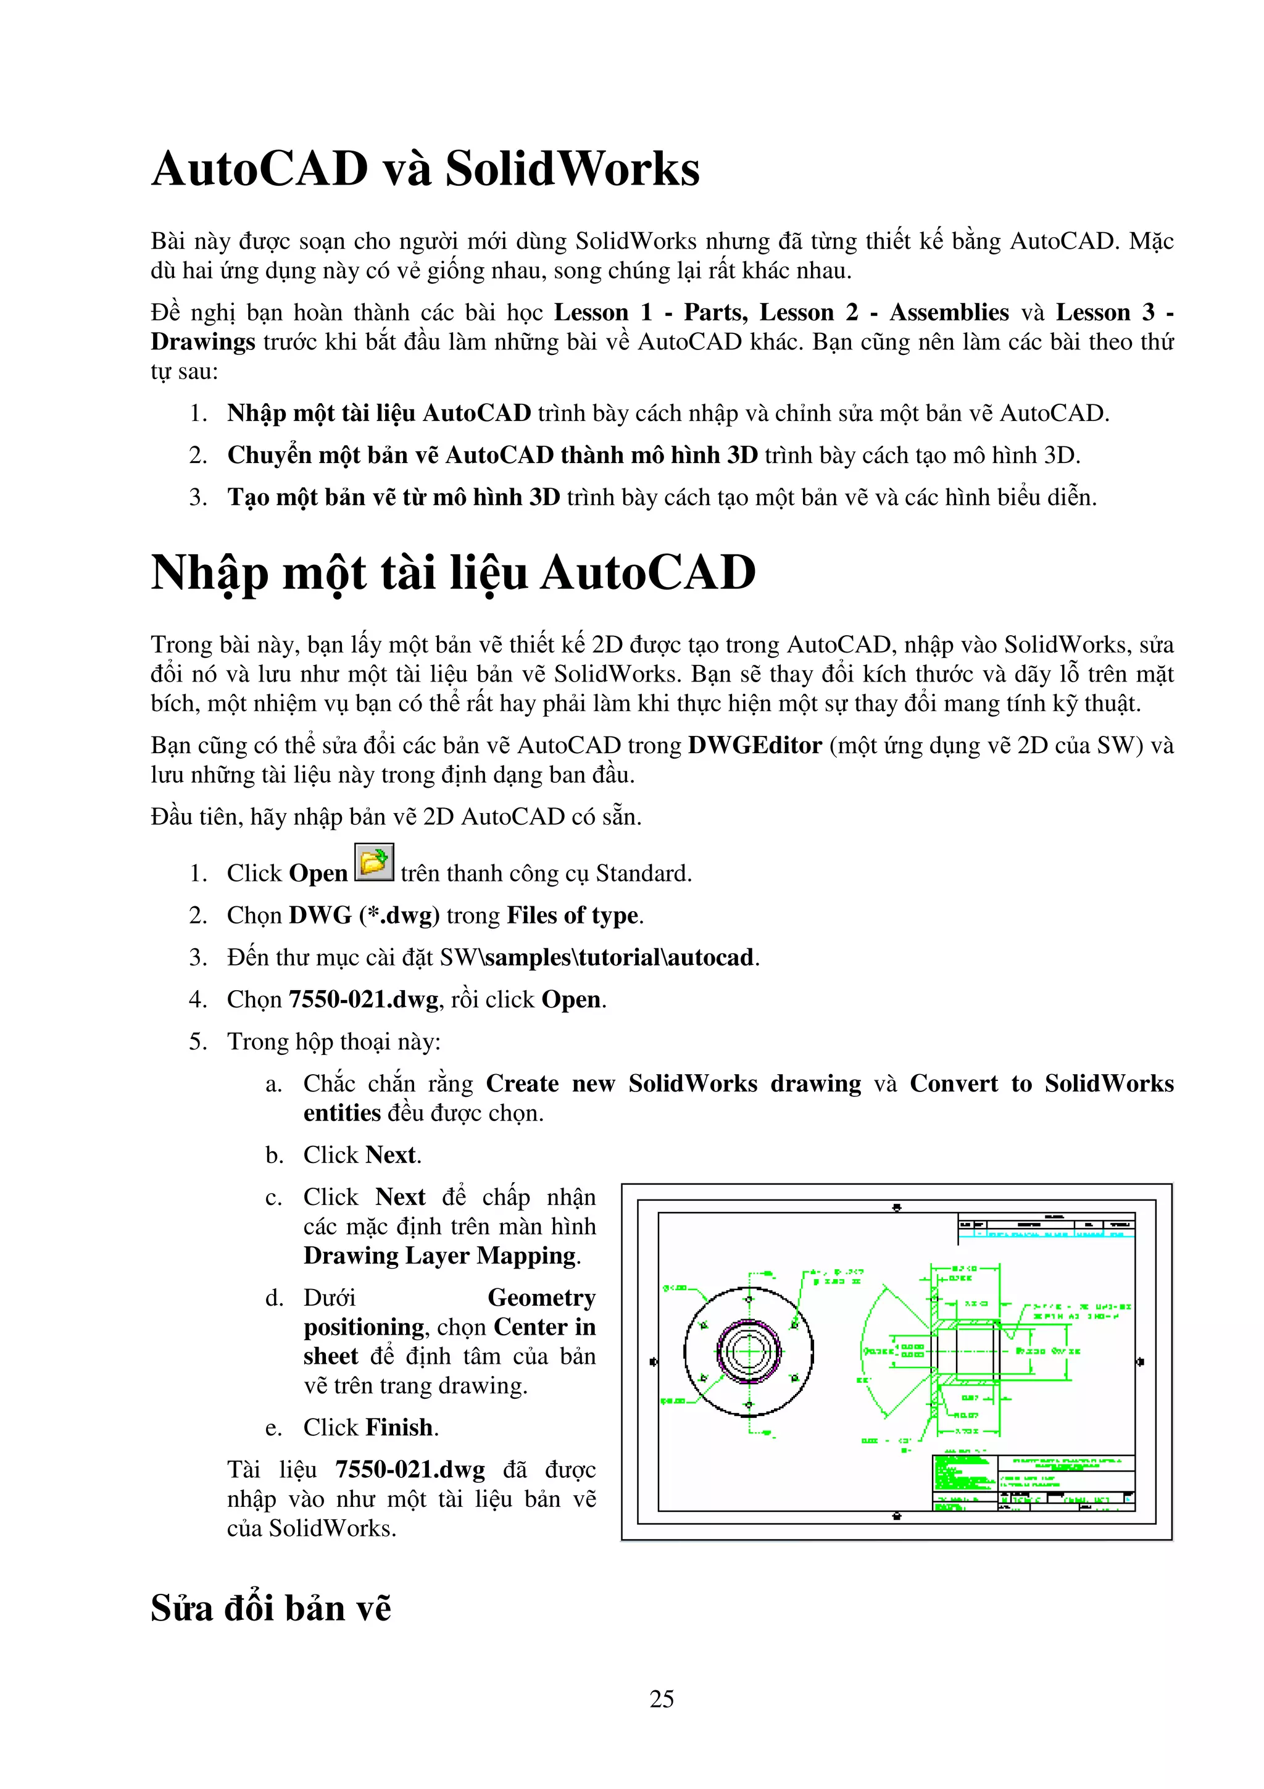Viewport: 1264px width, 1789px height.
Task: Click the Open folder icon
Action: click(x=374, y=862)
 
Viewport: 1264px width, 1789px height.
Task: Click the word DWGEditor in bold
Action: click(x=755, y=746)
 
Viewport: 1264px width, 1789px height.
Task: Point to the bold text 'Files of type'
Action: click(x=572, y=915)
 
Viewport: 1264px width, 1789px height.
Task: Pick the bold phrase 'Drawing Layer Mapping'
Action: click(x=441, y=1256)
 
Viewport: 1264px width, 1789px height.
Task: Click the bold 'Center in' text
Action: click(x=544, y=1327)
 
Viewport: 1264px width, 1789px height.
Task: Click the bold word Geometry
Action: click(x=541, y=1298)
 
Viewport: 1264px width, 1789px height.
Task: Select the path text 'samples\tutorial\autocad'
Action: click(x=619, y=957)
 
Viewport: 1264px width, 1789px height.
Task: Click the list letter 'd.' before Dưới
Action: click(x=274, y=1298)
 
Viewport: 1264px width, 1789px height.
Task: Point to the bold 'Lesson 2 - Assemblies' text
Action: click(x=884, y=312)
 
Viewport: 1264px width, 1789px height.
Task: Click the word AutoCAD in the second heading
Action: click(x=647, y=573)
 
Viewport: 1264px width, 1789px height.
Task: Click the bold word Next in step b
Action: click(x=392, y=1155)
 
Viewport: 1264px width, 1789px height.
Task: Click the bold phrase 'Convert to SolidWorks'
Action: click(x=1041, y=1084)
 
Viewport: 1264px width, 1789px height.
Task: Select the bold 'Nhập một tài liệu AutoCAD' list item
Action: click(x=378, y=413)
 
